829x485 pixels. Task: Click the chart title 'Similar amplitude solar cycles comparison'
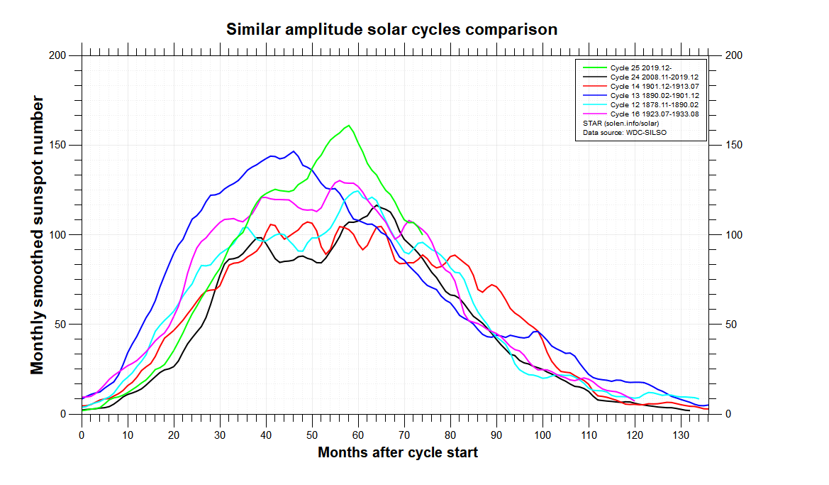tap(391, 30)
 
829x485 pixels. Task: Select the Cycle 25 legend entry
tap(628, 67)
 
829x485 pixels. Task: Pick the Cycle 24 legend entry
tap(641, 77)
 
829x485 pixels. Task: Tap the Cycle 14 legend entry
tap(641, 87)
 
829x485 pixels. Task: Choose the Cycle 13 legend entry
tap(641, 96)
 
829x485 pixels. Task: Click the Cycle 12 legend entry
tap(641, 105)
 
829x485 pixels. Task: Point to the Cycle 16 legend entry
tap(641, 114)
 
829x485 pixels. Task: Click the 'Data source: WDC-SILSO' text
tap(625, 132)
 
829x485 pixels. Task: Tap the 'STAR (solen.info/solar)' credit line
tap(621, 124)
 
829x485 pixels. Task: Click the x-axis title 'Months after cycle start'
tap(398, 453)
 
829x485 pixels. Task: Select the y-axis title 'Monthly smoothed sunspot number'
tap(37, 235)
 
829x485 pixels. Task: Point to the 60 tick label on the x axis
tap(358, 435)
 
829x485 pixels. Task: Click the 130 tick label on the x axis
tap(681, 435)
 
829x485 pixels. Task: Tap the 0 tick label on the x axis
tap(82, 435)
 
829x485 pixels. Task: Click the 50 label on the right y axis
tap(730, 325)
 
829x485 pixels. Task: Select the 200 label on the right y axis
tap(734, 55)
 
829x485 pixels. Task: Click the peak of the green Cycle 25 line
tap(349, 126)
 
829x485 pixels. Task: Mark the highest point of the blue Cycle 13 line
tap(294, 151)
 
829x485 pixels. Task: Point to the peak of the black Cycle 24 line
tap(377, 205)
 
